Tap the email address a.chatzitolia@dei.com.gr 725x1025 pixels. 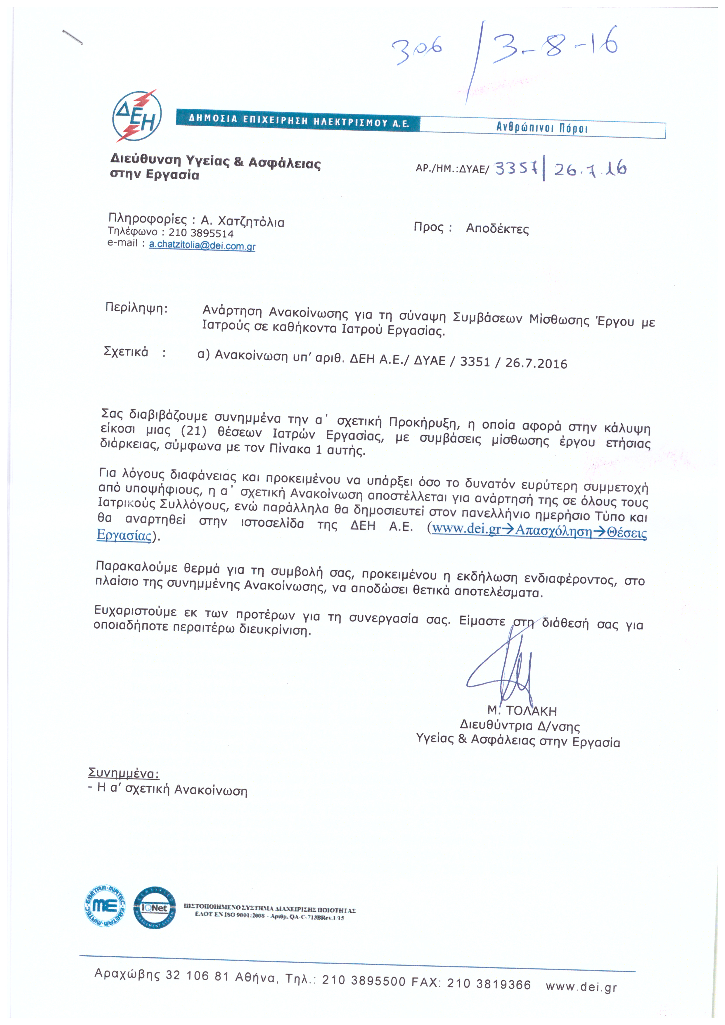tap(202, 245)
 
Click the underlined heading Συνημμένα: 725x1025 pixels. tap(123, 774)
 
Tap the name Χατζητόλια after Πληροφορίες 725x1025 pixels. tap(249, 222)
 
